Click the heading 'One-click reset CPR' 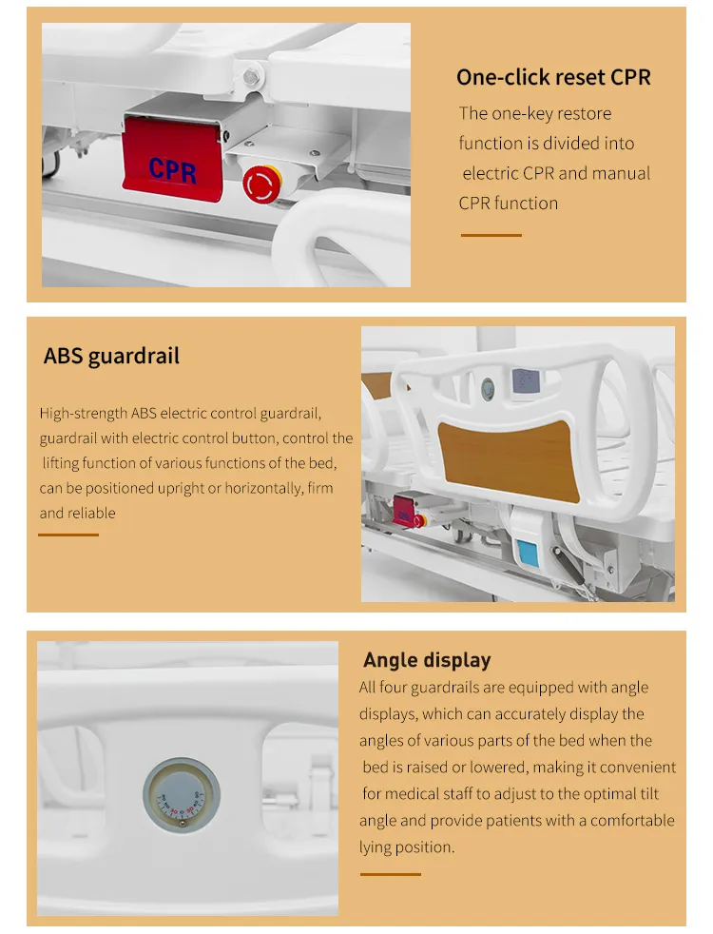point(553,77)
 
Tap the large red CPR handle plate point(172,156)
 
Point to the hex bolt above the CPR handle point(251,75)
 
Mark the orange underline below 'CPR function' point(491,235)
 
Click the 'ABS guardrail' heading point(111,357)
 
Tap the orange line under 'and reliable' point(68,535)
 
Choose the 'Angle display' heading point(427,660)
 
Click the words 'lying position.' point(407,847)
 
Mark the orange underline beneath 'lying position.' point(390,874)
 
